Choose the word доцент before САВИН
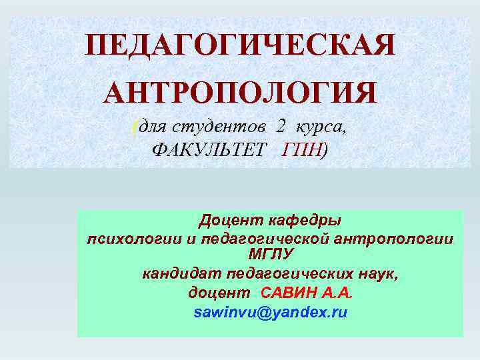(218, 293)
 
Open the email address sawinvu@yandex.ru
(270, 312)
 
